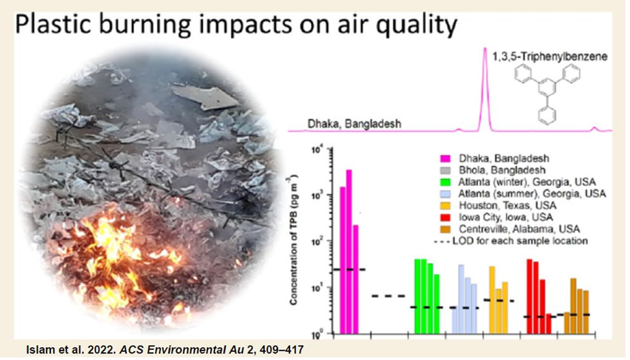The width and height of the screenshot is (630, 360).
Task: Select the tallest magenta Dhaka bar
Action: point(349,252)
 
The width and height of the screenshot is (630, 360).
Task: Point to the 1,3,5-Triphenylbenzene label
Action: point(550,57)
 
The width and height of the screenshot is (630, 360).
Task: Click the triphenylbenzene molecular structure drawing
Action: point(547,94)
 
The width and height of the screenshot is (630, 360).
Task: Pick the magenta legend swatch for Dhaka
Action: point(445,159)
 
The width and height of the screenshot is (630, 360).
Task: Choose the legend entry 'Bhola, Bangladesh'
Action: point(502,171)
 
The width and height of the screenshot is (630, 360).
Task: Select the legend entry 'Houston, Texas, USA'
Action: point(507,206)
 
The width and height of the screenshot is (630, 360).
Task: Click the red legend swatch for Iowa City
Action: point(445,218)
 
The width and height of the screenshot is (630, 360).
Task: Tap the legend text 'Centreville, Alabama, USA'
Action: point(520,229)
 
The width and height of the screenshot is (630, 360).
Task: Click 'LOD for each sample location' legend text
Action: point(520,241)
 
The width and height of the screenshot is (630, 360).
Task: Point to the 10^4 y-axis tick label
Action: point(317,151)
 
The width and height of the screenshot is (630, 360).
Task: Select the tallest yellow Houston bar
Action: point(492,300)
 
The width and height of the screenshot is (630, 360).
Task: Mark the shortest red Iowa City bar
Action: point(549,324)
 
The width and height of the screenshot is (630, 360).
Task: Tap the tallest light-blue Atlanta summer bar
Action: point(461,299)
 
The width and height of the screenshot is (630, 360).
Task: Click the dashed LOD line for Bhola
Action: point(388,296)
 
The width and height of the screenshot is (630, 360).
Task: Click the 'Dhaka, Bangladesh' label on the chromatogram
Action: point(354,123)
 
